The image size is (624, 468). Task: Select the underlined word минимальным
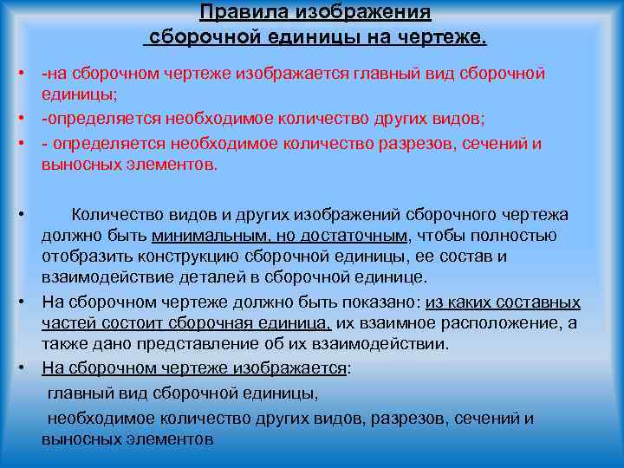pos(208,236)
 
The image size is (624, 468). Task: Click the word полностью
pos(511,236)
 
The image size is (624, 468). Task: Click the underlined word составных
pos(539,302)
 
